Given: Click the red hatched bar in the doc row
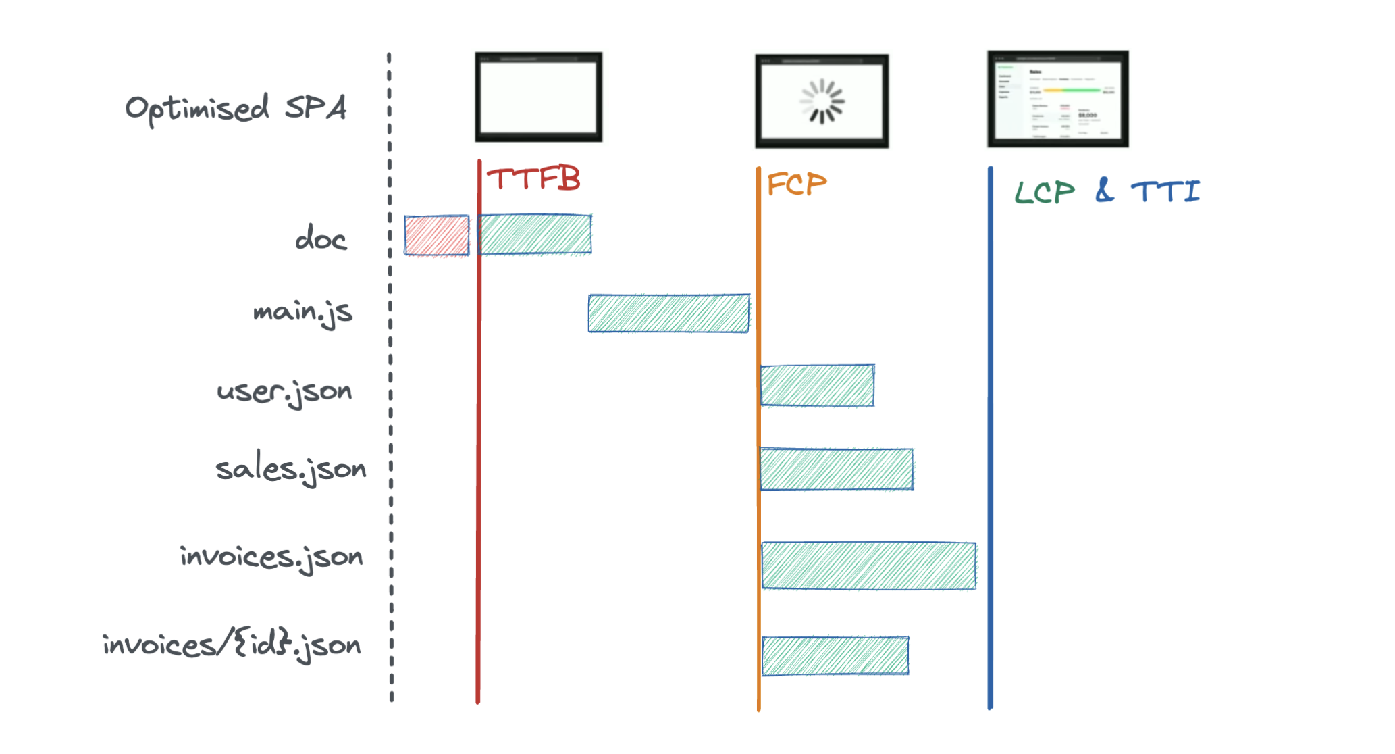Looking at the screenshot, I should coord(436,235).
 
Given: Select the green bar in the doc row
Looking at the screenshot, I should coord(535,234).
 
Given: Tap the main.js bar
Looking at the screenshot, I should coord(668,313).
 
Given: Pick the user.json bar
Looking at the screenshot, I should coord(817,386).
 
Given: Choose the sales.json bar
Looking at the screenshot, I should coord(837,469).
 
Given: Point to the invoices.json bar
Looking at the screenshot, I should coord(868,565).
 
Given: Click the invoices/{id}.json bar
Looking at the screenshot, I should coord(835,655).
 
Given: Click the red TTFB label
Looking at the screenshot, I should coord(533,179).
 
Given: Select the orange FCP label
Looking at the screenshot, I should coord(797,184).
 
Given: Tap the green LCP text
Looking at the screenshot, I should coord(1045,193).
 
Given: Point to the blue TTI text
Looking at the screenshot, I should coord(1165,191).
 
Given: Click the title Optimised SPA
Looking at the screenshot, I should coord(236,108).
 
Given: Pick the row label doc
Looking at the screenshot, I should coord(321,239).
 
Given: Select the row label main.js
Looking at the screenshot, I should coord(302,312).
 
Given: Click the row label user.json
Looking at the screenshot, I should coord(284,392).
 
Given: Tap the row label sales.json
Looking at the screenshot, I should coord(290,469).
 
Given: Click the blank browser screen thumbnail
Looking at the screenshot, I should coord(538,97).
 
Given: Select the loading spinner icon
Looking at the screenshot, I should coord(822,101).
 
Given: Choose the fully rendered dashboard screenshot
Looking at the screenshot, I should coord(1057,99).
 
